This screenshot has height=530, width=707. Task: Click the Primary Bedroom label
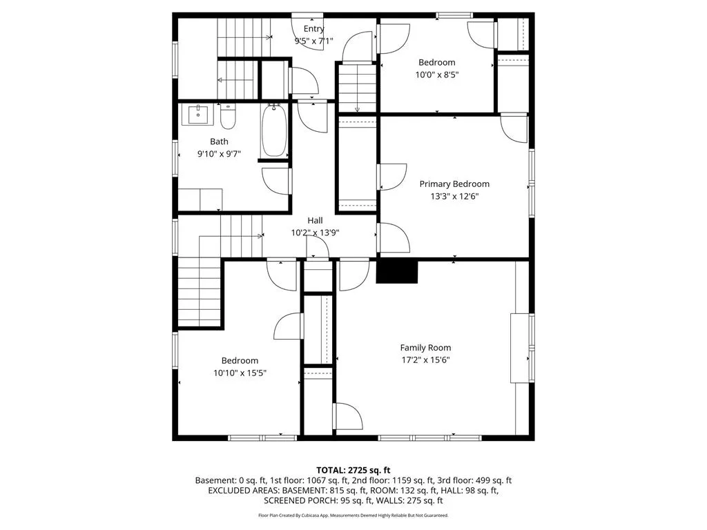click(454, 184)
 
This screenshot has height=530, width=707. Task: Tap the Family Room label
click(425, 348)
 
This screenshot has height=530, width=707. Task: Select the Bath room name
click(219, 141)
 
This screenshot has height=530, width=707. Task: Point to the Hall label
click(315, 220)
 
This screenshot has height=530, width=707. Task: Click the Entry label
click(314, 29)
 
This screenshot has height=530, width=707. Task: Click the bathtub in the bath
click(274, 130)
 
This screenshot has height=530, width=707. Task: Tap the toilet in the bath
click(228, 117)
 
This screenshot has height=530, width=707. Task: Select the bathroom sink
click(198, 115)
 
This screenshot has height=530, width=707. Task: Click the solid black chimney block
click(397, 272)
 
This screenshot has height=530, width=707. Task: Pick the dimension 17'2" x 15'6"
click(425, 360)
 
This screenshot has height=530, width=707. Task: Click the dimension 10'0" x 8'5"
click(437, 75)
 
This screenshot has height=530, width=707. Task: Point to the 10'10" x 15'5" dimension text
click(240, 373)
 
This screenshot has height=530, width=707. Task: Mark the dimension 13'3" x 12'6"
click(454, 196)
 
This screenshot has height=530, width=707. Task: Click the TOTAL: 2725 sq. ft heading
click(353, 471)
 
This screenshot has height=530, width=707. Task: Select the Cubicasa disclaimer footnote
click(353, 515)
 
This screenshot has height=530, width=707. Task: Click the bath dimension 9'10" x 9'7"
click(219, 154)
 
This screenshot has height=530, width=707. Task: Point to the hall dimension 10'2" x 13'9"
click(315, 233)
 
